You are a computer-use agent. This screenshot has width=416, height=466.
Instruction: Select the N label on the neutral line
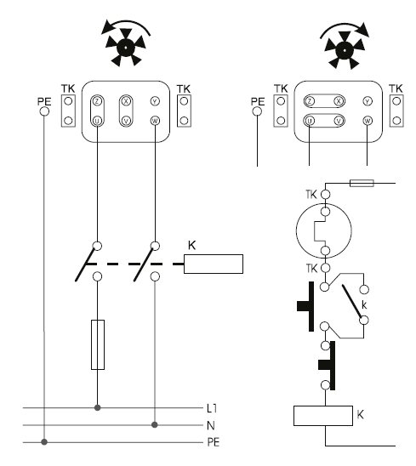pyautogui.click(x=211, y=424)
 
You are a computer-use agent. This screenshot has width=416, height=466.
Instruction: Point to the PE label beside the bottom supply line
pyautogui.click(x=214, y=441)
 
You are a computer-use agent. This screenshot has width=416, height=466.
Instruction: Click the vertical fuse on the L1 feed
pyautogui.click(x=98, y=344)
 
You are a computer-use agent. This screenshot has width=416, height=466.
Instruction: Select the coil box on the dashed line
pyautogui.click(x=214, y=264)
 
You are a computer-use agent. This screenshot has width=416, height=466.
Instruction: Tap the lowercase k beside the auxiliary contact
pyautogui.click(x=364, y=303)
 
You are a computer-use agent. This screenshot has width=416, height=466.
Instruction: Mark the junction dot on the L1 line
pyautogui.click(x=98, y=407)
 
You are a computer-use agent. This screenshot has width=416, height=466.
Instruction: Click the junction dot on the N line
pyautogui.click(x=154, y=423)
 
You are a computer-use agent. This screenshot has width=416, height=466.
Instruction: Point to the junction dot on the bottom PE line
pyautogui.click(x=43, y=440)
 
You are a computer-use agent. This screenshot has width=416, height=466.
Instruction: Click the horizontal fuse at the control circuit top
pyautogui.click(x=361, y=183)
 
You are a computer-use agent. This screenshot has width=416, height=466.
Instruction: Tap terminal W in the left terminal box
pyautogui.click(x=154, y=120)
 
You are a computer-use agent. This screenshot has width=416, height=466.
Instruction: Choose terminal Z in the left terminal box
pyautogui.click(x=98, y=100)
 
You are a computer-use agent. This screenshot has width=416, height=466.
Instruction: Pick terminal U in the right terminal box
pyautogui.click(x=311, y=120)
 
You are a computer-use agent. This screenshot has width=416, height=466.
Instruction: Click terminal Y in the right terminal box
pyautogui.click(x=367, y=100)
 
